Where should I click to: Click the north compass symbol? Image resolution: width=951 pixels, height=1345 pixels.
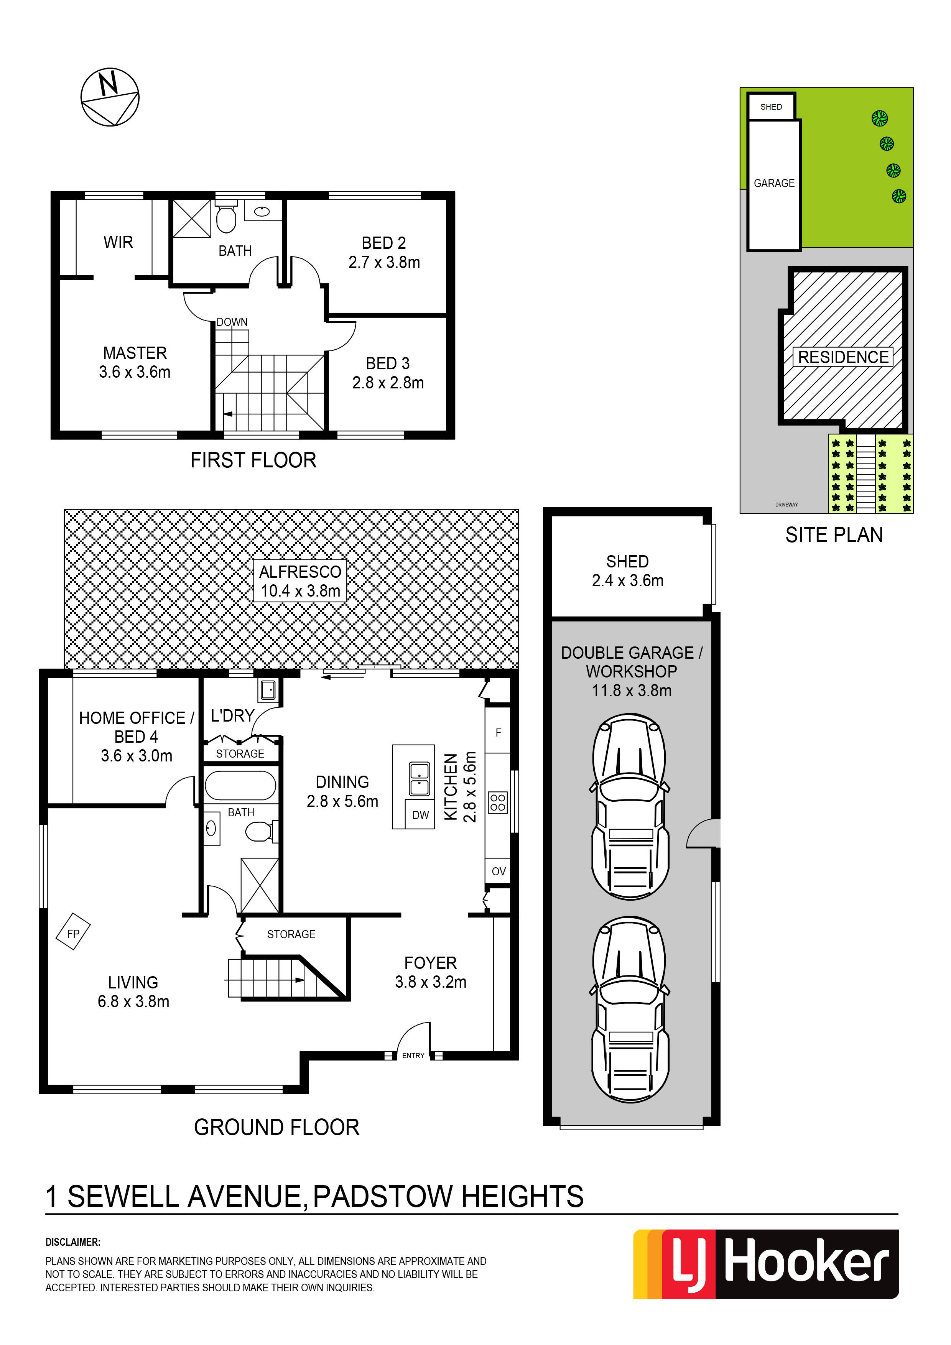point(110,97)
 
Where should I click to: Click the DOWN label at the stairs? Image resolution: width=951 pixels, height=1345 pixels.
point(232,322)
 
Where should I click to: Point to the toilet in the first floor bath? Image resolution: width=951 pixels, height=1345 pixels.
point(226,217)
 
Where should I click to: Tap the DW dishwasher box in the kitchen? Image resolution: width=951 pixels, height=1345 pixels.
point(420,815)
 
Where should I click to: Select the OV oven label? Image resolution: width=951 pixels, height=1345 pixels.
point(499,871)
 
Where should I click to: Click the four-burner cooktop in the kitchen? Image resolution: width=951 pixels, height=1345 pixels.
point(498,802)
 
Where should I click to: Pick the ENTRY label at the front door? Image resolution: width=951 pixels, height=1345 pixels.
point(413,1056)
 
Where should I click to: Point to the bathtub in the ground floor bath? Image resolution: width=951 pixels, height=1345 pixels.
point(240,786)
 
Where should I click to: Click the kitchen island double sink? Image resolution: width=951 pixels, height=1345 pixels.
point(419,779)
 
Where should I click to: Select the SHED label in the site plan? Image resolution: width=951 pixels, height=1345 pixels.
point(771,107)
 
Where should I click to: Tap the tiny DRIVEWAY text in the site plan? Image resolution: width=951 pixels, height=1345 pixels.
point(786,505)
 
